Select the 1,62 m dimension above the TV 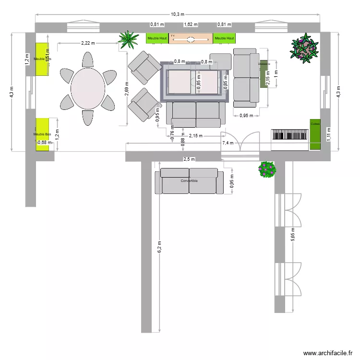pyautogui.click(x=191, y=24)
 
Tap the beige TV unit pyautogui.click(x=191, y=38)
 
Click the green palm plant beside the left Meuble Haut pyautogui.click(x=128, y=40)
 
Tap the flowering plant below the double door pyautogui.click(x=267, y=169)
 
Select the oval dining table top pyautogui.click(x=88, y=89)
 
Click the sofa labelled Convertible pyautogui.click(x=189, y=181)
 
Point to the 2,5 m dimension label pyautogui.click(x=189, y=159)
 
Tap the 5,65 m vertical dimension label pyautogui.click(x=293, y=236)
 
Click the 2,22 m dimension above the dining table pyautogui.click(x=88, y=43)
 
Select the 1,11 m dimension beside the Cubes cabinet pyautogui.click(x=329, y=133)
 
